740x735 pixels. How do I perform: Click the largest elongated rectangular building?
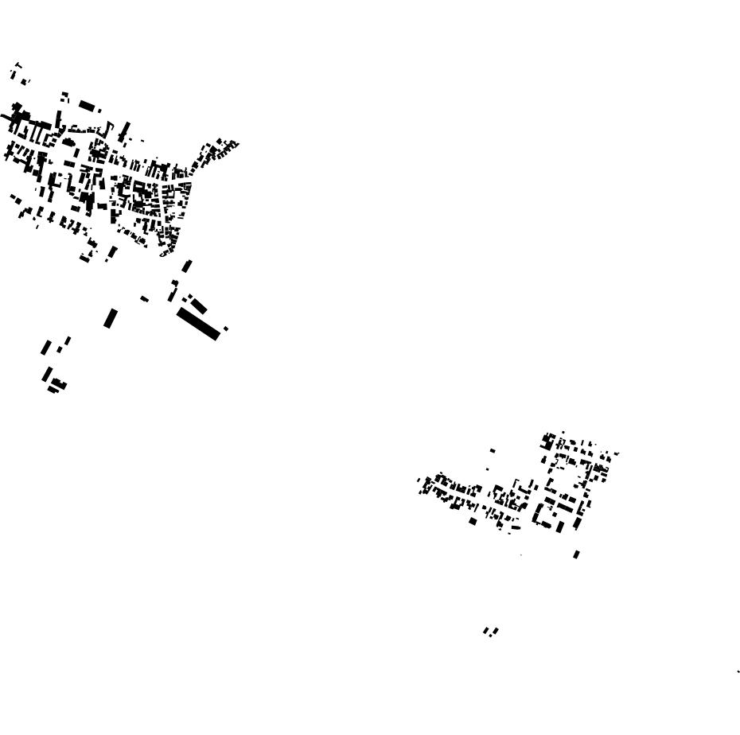click(x=197, y=324)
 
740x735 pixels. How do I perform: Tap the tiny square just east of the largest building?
click(x=226, y=329)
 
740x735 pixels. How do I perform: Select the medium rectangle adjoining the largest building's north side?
click(x=198, y=305)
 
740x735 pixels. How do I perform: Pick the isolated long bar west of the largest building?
click(x=111, y=318)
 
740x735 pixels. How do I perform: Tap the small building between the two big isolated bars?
click(x=144, y=299)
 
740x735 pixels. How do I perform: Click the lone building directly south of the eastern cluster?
click(x=576, y=554)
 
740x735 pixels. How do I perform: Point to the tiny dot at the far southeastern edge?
click(x=738, y=671)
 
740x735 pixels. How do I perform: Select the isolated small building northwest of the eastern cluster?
click(x=493, y=451)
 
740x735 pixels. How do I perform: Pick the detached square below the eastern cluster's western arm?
click(x=473, y=522)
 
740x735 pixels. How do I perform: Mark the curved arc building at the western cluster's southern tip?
click(x=166, y=251)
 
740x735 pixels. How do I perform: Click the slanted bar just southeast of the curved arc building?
click(x=187, y=266)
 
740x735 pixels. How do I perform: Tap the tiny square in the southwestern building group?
click(x=59, y=350)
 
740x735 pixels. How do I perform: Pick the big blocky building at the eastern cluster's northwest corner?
click(x=548, y=440)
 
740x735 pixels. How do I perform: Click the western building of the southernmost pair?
click(x=486, y=632)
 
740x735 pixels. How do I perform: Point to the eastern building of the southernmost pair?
click(x=495, y=632)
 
